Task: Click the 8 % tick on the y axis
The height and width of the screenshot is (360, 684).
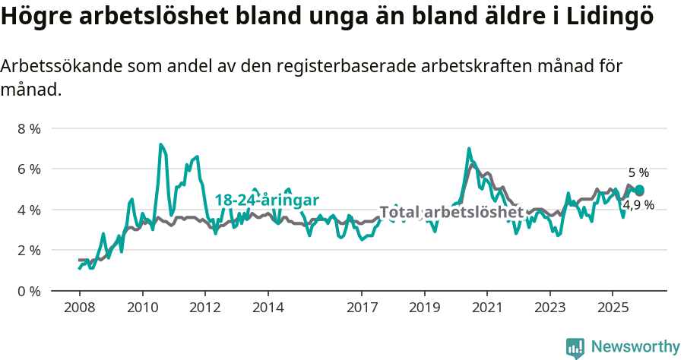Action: (29, 128)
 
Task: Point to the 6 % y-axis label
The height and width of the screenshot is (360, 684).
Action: (29, 169)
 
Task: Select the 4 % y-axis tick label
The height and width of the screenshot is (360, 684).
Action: (29, 210)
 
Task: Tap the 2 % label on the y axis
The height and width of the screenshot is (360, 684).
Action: (29, 250)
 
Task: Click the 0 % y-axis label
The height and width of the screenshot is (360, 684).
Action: (29, 291)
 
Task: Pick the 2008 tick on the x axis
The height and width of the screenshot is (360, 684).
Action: (79, 308)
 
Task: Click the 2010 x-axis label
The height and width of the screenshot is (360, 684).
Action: (142, 308)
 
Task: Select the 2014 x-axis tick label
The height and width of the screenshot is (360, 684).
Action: (268, 308)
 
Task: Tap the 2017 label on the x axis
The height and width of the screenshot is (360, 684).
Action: (362, 308)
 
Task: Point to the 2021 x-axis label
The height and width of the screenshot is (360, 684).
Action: (487, 308)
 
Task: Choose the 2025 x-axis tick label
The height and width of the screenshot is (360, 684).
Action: (613, 308)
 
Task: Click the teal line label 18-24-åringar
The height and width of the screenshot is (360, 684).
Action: (267, 200)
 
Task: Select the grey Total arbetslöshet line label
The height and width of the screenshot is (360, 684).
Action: (451, 212)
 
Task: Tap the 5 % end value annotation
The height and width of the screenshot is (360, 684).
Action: (638, 172)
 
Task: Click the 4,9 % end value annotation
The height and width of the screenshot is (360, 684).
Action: (638, 205)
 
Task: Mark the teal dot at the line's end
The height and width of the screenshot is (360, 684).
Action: (639, 190)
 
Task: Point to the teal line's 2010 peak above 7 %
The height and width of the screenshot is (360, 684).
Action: (160, 144)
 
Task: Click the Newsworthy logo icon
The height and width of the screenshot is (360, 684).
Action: (575, 348)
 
